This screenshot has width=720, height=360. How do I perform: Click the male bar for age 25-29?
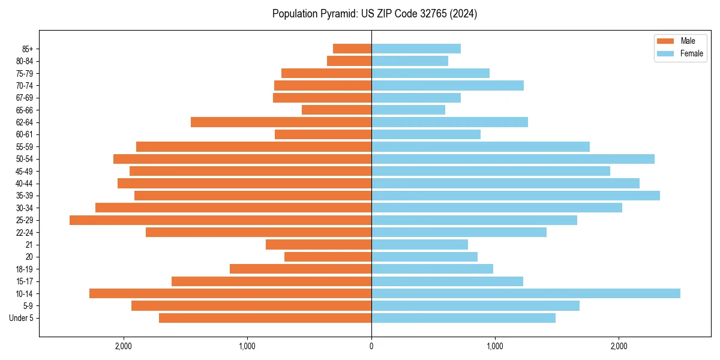coord(220,220)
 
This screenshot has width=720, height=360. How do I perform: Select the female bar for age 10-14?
coord(526,293)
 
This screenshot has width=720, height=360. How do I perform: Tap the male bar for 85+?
coord(352,49)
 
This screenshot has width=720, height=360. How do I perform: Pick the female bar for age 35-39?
coord(515,196)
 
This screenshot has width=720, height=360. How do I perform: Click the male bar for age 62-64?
coord(281,122)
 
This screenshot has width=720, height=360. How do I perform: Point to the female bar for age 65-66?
coord(408,110)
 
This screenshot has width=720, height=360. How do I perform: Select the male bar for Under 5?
coord(265,318)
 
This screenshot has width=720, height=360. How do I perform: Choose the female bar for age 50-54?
coord(513,159)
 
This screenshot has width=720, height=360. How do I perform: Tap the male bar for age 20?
coord(328,257)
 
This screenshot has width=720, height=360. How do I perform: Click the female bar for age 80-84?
coord(410,61)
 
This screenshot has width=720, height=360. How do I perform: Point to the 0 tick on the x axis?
coord(371,346)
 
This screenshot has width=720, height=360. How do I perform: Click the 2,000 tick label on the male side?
coord(124,346)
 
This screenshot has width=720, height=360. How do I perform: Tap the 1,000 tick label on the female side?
coord(495,346)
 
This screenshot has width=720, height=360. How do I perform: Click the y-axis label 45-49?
coord(24,171)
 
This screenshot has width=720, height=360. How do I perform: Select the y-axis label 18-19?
coord(24,269)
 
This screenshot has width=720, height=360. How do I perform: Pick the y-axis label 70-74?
coord(24,86)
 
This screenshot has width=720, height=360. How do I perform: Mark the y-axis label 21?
coord(29,245)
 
